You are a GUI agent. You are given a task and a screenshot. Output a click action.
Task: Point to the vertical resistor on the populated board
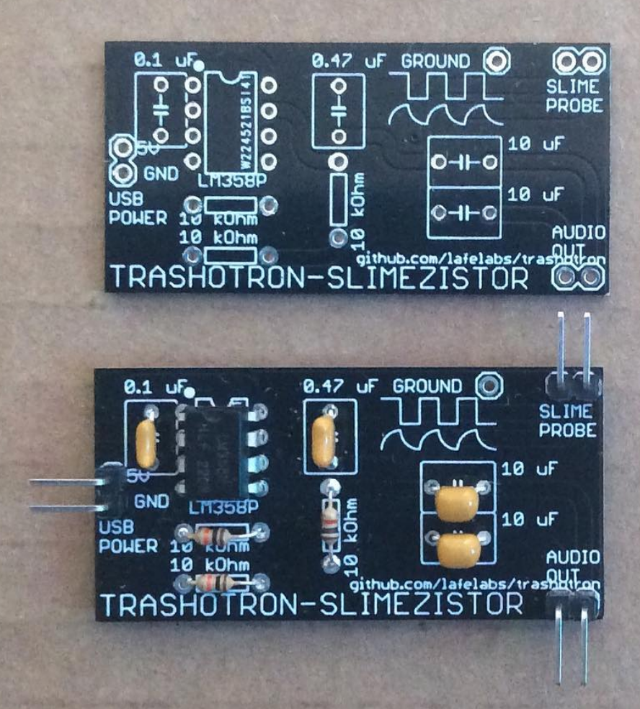[330, 524]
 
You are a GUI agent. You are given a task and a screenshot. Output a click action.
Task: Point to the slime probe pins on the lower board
[575, 353]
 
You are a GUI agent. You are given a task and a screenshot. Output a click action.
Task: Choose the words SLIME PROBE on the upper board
[574, 94]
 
